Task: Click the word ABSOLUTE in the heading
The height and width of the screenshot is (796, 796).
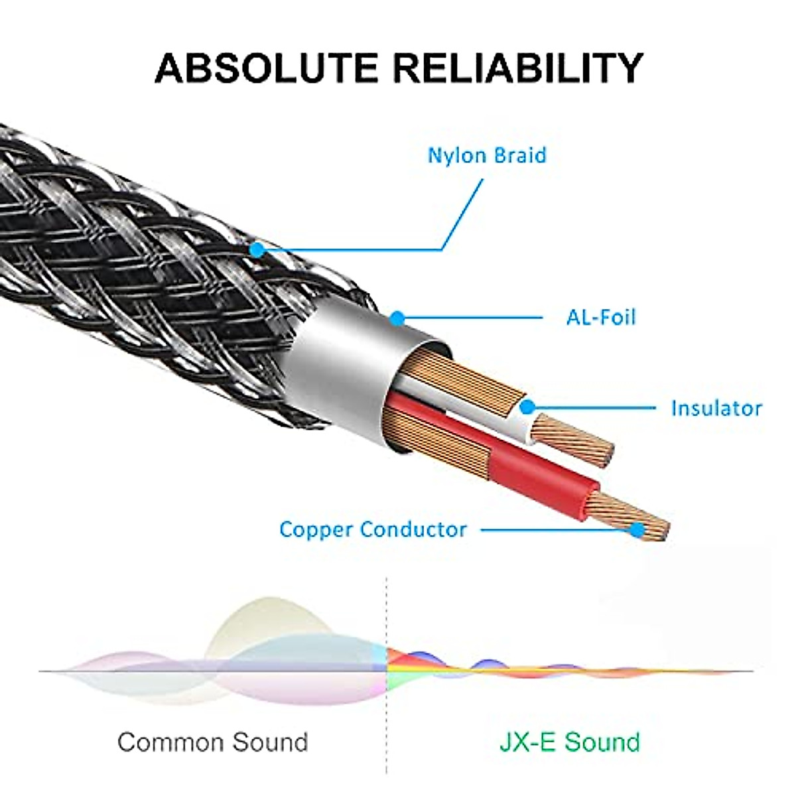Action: tap(267, 68)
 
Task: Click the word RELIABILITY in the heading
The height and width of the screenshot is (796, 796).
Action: tap(518, 68)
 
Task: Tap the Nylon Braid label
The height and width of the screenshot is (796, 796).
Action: tap(487, 155)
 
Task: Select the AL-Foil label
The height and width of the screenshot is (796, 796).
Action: tap(600, 317)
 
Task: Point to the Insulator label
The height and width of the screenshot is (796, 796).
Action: tap(716, 407)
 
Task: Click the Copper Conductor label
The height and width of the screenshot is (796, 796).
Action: tap(373, 529)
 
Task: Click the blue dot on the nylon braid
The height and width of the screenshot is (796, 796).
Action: tap(257, 249)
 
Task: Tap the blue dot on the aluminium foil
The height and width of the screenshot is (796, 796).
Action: tap(397, 318)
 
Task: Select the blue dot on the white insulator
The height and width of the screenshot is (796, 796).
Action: tap(527, 407)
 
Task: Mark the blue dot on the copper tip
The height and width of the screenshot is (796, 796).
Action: tap(637, 529)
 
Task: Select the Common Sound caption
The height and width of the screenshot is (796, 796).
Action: tap(212, 742)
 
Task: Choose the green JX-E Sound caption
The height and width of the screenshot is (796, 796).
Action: tap(569, 742)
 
